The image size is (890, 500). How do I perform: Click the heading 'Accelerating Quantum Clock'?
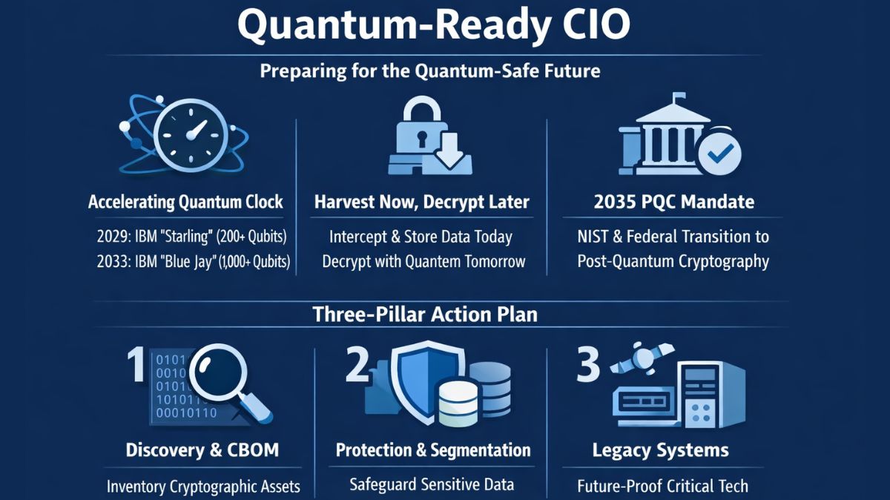185,202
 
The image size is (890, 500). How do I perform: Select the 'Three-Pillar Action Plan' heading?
425,314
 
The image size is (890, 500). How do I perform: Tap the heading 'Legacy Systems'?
660,450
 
